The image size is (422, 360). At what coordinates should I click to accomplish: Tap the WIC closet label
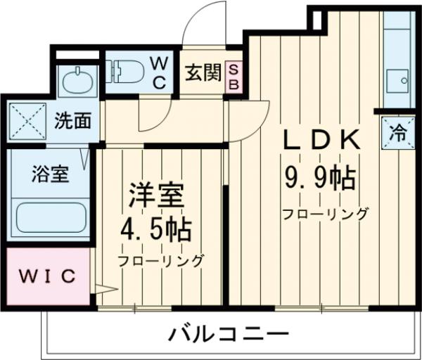coord(46,276)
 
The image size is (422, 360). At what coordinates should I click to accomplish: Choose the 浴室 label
coord(50,174)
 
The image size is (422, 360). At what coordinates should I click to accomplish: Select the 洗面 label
coord(73,121)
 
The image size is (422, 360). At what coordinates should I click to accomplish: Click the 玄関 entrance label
coord(203,73)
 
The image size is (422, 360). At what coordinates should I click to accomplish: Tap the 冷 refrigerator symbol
coord(397,132)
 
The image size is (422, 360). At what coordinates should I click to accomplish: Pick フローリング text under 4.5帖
coord(161,261)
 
